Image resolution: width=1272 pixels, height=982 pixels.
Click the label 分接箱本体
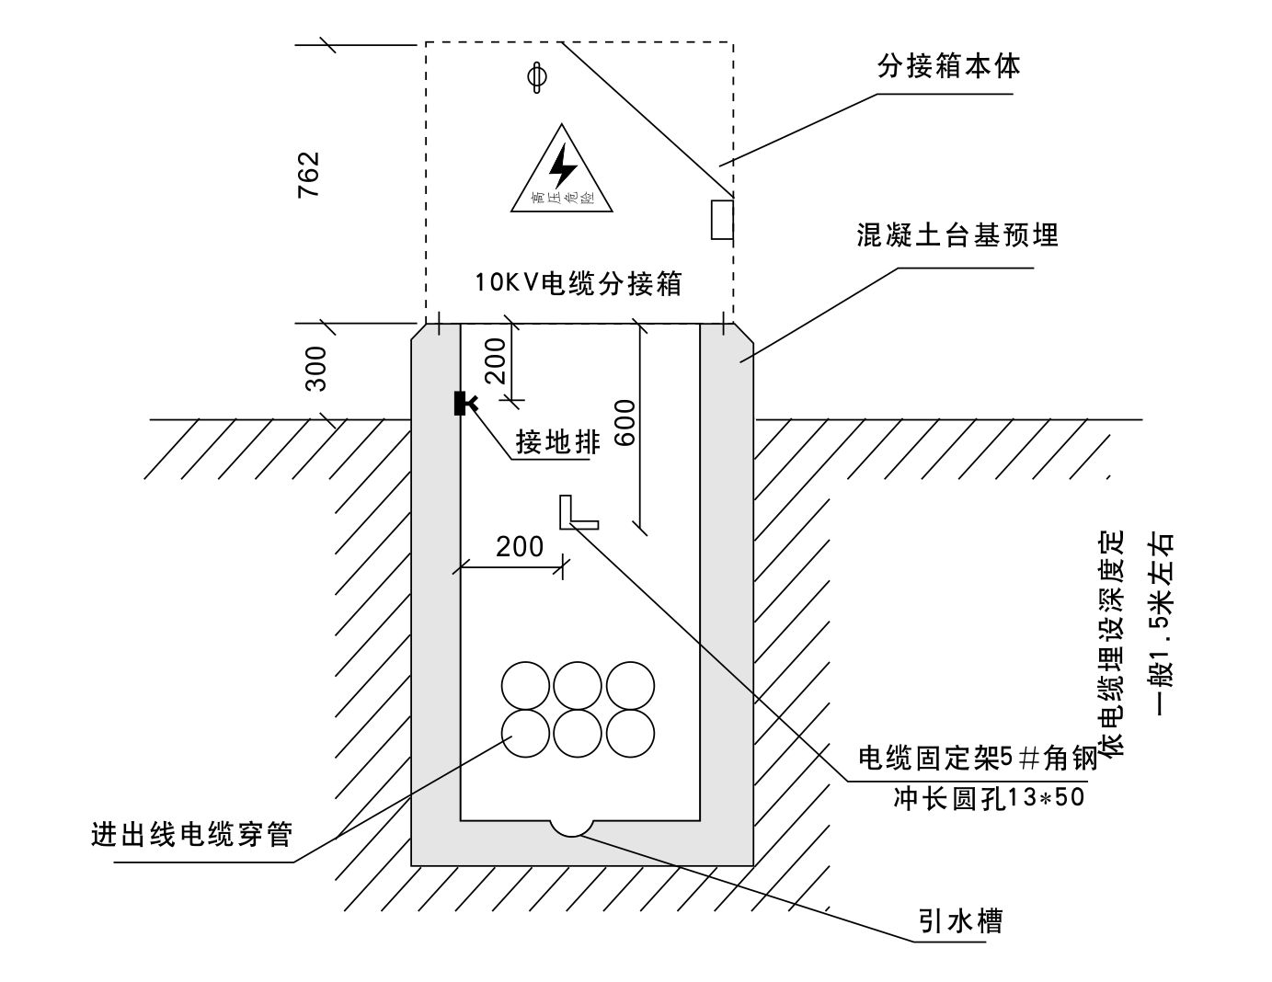(x=947, y=66)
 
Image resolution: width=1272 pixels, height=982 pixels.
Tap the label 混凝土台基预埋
(x=957, y=234)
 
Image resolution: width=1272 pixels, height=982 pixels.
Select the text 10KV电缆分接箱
(x=579, y=283)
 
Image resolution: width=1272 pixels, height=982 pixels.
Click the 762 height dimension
(x=308, y=175)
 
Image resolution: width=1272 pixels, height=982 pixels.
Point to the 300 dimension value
(x=316, y=369)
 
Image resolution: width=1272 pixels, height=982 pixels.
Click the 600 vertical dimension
(x=625, y=423)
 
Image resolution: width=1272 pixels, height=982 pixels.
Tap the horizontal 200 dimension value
(x=520, y=546)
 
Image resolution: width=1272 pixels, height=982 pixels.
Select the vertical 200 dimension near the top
(x=496, y=361)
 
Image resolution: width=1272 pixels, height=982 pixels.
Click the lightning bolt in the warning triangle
(x=563, y=166)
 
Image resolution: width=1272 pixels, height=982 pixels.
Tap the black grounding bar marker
(x=464, y=403)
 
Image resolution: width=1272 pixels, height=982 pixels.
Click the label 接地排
(x=558, y=442)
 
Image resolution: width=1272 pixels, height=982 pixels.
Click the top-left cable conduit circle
(x=525, y=686)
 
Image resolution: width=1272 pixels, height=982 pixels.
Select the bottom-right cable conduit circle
(x=630, y=733)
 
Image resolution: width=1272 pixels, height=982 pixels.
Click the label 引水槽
(x=959, y=920)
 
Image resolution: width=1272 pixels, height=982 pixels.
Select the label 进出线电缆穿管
(x=191, y=835)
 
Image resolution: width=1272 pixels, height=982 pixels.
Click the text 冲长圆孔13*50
(x=989, y=798)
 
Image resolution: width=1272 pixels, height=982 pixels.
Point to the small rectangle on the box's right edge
(x=722, y=219)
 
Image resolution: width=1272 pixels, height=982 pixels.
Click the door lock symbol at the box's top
(x=537, y=77)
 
